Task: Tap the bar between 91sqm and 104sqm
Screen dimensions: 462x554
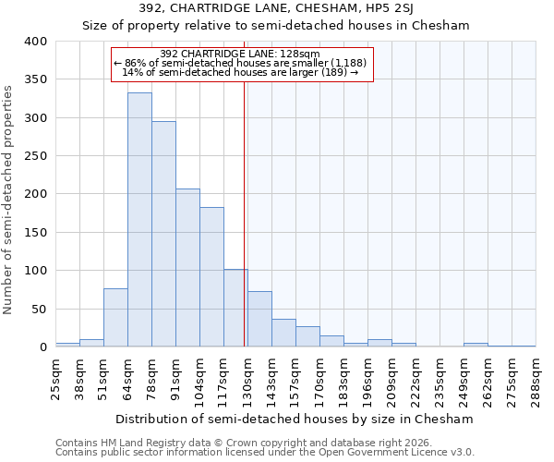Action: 187,268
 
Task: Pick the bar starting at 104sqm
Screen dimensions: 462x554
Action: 211,277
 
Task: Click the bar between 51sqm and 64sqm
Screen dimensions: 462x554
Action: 115,318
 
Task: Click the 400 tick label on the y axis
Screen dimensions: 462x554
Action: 35,42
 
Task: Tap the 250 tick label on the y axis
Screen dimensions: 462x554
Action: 35,156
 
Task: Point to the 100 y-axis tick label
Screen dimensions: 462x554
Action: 35,271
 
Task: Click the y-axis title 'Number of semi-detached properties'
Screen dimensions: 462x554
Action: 8,199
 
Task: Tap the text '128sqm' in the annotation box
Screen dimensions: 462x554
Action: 302,54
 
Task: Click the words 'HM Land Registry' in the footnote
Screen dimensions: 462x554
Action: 139,444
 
